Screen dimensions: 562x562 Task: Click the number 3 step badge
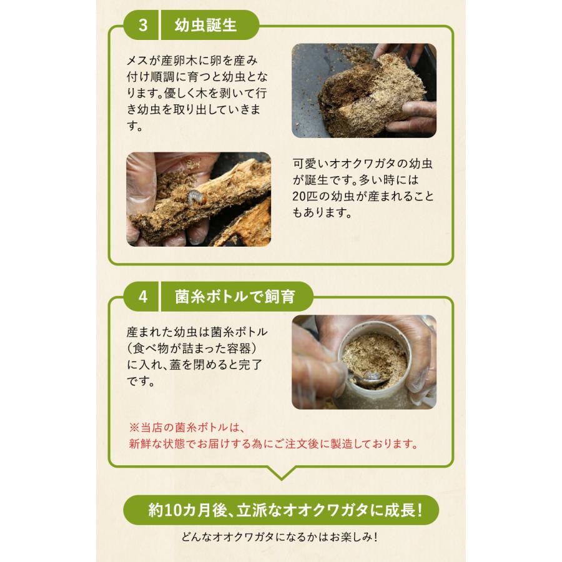[143, 26]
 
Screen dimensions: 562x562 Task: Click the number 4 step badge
[143, 296]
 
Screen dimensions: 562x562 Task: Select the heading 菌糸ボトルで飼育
[235, 296]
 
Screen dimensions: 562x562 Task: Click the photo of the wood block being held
[363, 91]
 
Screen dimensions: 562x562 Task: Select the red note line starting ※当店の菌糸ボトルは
[189, 428]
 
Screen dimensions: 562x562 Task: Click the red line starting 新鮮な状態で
[273, 444]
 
